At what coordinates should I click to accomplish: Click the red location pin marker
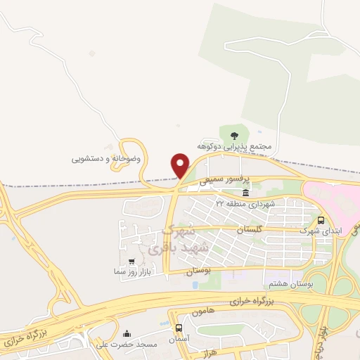coord(181,165)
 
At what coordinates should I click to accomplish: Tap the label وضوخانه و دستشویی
coord(106,159)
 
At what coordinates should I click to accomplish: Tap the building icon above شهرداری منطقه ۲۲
coord(245,193)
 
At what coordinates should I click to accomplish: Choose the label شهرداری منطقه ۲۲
coord(243,203)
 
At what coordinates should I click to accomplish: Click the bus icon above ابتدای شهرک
coord(321,219)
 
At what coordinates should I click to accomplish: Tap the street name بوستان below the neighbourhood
coord(199,271)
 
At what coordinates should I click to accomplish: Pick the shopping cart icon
coord(131,261)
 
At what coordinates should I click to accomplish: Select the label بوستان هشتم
coord(289,283)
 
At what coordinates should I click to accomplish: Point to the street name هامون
coord(202,309)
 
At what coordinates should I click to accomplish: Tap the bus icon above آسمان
coord(179,328)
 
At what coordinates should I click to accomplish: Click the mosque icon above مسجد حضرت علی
coord(126,333)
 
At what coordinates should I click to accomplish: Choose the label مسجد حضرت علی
coord(118,344)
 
